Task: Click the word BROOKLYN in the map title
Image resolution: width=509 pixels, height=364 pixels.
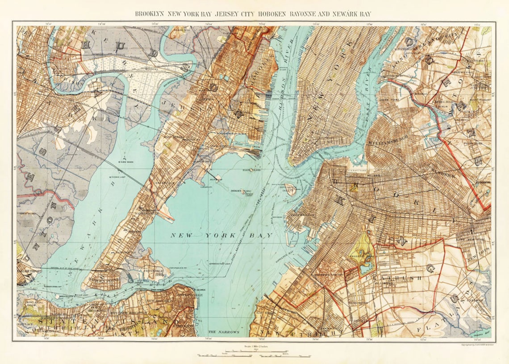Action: (150, 14)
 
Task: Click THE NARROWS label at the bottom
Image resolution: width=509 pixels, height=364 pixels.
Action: (224, 333)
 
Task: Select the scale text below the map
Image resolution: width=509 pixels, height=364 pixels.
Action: (254, 347)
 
